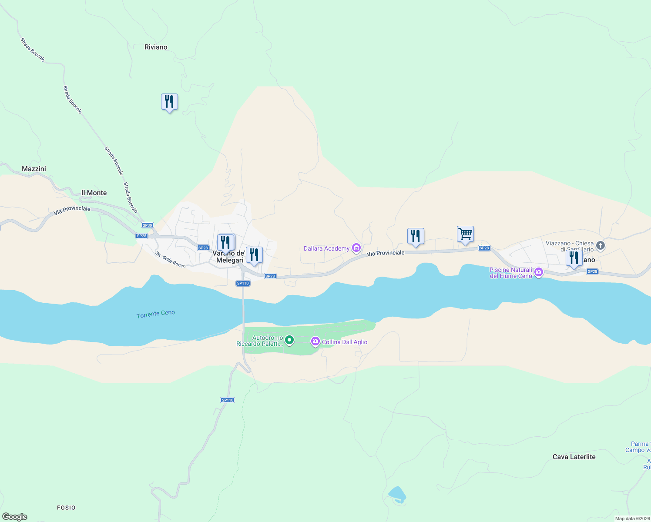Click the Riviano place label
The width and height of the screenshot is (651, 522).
point(156,47)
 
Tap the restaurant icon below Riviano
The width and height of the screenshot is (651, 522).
point(169,102)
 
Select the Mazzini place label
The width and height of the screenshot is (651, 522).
point(34,169)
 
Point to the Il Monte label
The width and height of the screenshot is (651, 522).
point(94,193)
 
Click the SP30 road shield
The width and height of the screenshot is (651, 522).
point(148,225)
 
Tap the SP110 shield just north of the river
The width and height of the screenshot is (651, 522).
point(243,283)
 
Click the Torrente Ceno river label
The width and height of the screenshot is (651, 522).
point(156,314)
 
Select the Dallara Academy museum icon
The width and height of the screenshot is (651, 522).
point(356,248)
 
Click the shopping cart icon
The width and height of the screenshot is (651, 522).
point(465,234)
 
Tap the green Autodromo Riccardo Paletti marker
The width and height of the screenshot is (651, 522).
point(289,340)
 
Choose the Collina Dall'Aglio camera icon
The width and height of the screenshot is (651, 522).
point(315,342)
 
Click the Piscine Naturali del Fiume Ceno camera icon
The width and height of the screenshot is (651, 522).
point(539,273)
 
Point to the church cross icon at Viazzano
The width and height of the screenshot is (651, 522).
point(601,246)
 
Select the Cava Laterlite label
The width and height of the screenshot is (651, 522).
point(574,457)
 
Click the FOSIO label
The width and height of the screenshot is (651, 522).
point(66,508)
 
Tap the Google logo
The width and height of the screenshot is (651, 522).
point(15,517)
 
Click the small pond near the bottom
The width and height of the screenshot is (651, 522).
point(396,494)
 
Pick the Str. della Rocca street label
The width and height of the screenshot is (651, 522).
point(170,260)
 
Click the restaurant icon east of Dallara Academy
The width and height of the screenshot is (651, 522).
point(416,236)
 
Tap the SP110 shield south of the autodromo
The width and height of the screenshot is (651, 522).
point(227,400)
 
